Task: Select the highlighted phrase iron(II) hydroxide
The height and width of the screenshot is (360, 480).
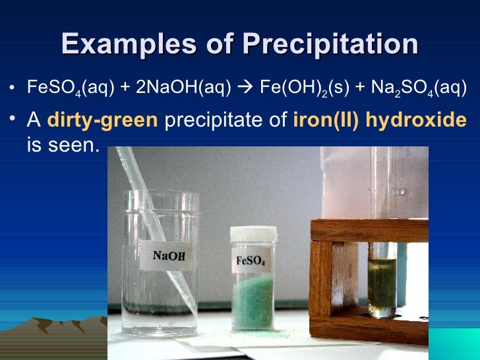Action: coord(379,121)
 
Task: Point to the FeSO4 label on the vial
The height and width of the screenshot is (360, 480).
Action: coord(251,260)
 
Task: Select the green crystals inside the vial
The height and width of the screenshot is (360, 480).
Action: coord(253,300)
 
